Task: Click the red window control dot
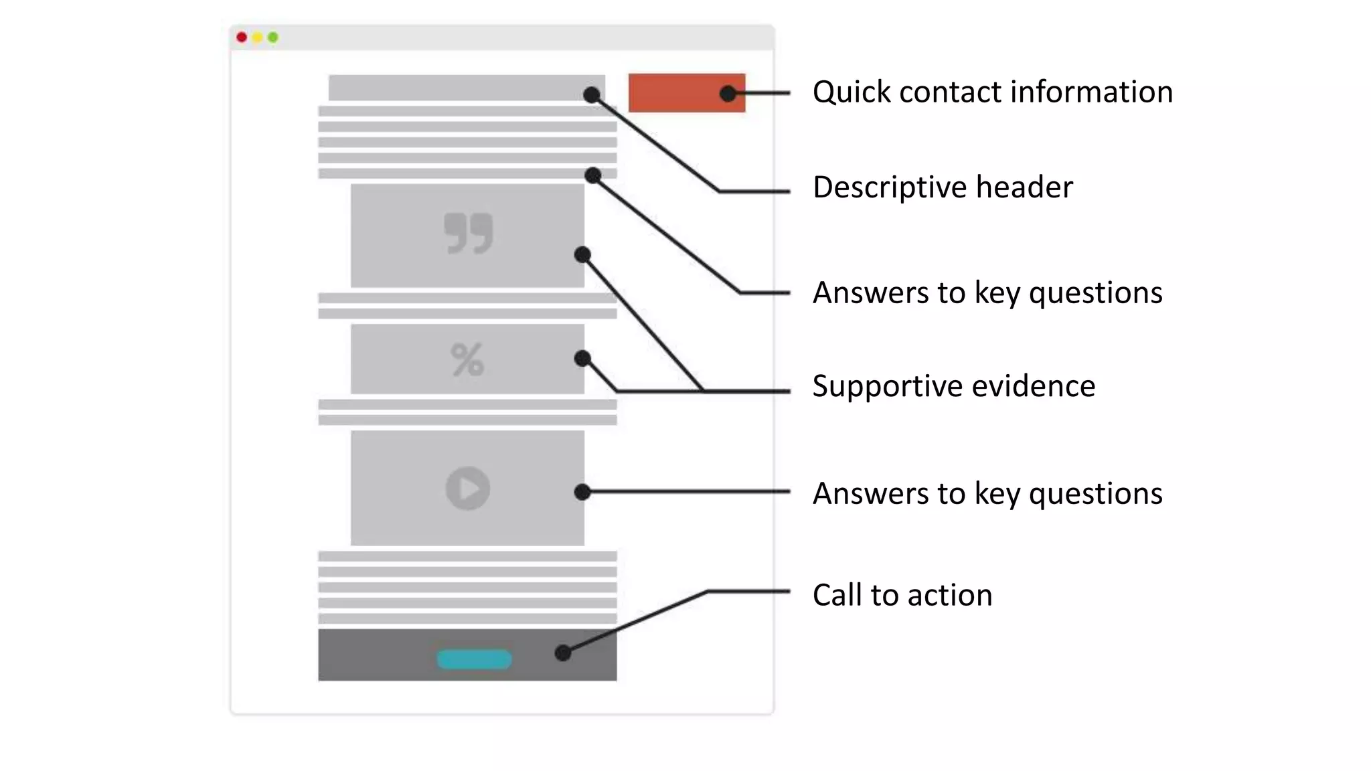pos(242,37)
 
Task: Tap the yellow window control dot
pos(257,37)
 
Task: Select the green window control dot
pos(273,37)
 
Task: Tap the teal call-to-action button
pos(474,659)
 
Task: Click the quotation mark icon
pos(468,234)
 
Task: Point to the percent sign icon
pos(467,359)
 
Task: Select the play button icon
pos(468,489)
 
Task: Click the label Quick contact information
pos(992,92)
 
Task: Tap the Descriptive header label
pos(942,187)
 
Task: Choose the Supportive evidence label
pos(953,386)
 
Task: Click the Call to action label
pos(902,595)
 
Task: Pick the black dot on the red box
pos(728,94)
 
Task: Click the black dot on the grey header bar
pos(591,95)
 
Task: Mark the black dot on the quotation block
pos(582,255)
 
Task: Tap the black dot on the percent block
pos(582,359)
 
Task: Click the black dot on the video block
pos(582,493)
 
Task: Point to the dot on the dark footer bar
pos(563,653)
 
